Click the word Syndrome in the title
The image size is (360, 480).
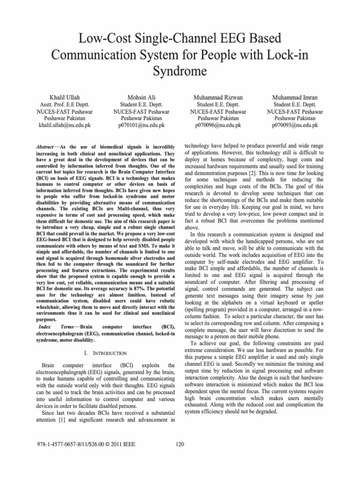(x=180, y=72)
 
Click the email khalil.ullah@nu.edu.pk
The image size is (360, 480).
(x=63, y=126)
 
